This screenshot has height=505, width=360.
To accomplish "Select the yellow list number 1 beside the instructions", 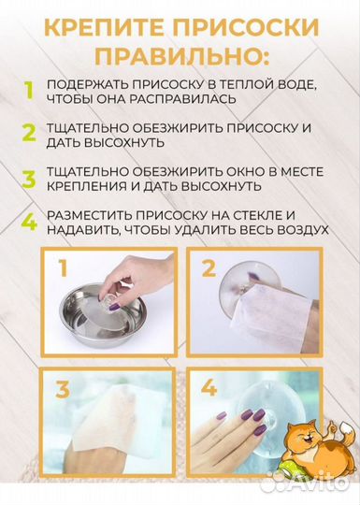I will pyautogui.click(x=28, y=92).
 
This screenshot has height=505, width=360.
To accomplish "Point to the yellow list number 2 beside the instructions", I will pyautogui.click(x=29, y=133).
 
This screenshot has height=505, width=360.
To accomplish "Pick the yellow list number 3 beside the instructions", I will pyautogui.click(x=29, y=178).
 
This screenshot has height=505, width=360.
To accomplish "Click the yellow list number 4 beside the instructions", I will pyautogui.click(x=29, y=223).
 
